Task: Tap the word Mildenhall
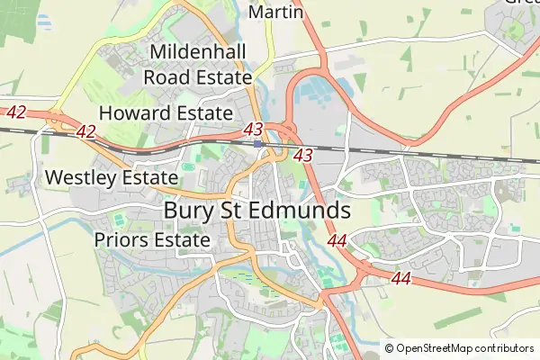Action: point(198,52)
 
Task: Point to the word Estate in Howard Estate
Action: point(203,113)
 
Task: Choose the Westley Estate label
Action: point(111,177)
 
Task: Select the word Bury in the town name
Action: point(189,210)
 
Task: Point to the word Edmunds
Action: point(302,210)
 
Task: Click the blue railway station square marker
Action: point(258,142)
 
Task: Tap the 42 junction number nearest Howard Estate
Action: point(86,132)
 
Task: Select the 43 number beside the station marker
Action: point(253,130)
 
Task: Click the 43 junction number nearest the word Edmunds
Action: point(303,156)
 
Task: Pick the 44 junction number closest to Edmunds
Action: point(337,240)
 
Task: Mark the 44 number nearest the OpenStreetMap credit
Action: point(401,279)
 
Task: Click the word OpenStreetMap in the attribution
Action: point(436,348)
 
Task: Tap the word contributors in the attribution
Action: point(505,348)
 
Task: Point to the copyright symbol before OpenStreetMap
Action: point(390,348)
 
